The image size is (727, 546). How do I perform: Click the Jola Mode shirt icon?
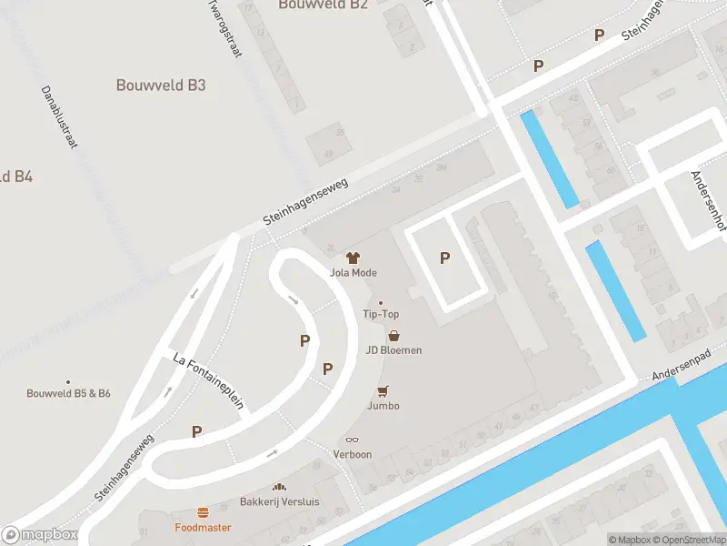click(354, 258)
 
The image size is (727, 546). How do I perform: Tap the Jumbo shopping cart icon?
click(383, 391)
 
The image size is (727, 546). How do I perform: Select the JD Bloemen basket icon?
click(393, 336)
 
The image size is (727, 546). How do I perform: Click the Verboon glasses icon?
click(353, 440)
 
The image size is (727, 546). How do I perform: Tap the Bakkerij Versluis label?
click(280, 501)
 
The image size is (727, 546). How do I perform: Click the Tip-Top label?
click(381, 314)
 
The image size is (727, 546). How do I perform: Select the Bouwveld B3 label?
click(161, 86)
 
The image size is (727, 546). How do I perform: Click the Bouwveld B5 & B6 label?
click(68, 393)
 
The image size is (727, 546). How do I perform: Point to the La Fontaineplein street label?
click(208, 382)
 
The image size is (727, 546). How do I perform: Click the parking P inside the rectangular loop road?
click(444, 258)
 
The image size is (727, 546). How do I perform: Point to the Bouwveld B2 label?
click(323, 5)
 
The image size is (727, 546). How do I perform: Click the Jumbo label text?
click(383, 406)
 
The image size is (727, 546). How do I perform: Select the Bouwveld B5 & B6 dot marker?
click(68, 382)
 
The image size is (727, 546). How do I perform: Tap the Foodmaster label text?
click(203, 528)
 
